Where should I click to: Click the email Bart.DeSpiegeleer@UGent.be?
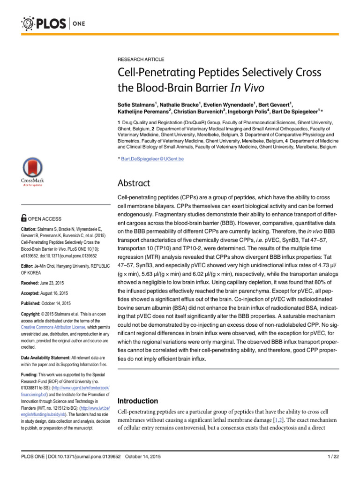[152, 159]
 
